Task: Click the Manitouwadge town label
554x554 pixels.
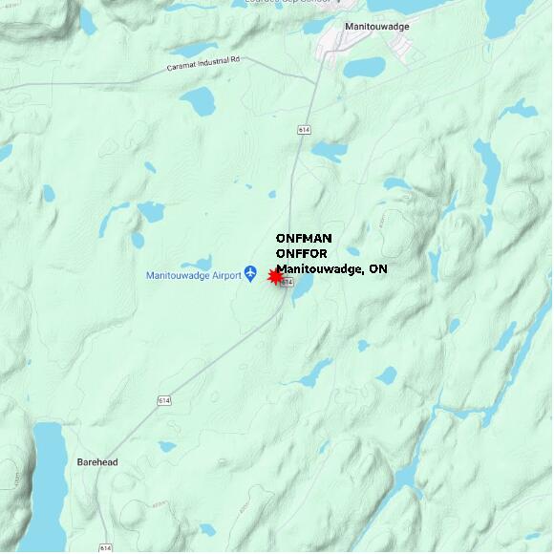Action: pyautogui.click(x=376, y=27)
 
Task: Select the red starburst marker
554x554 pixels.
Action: pyautogui.click(x=276, y=276)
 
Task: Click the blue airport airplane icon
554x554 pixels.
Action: pyautogui.click(x=251, y=275)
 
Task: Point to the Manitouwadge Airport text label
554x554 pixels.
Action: pyautogui.click(x=193, y=276)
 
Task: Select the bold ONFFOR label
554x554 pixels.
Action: pyautogui.click(x=302, y=253)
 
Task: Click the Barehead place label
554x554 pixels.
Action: pyautogui.click(x=97, y=462)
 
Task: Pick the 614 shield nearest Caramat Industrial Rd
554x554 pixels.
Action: pyautogui.click(x=304, y=129)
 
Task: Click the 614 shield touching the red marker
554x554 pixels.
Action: pyautogui.click(x=286, y=282)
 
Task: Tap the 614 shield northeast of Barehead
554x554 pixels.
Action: pyautogui.click(x=164, y=401)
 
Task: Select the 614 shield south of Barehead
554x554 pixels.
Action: pyautogui.click(x=105, y=547)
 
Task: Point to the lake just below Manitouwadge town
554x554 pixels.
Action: pyautogui.click(x=364, y=68)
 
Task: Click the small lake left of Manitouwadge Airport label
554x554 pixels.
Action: pyautogui.click(x=198, y=262)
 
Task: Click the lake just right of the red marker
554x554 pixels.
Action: pyautogui.click(x=302, y=288)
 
